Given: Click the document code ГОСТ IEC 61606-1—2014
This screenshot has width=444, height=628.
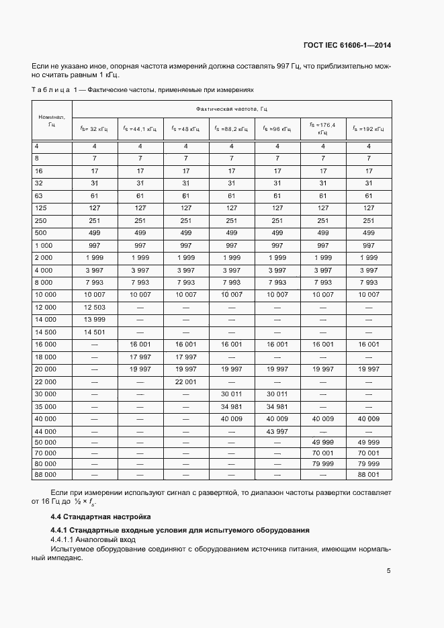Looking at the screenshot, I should click(347, 45).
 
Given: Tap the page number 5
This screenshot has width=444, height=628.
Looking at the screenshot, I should click(388, 571).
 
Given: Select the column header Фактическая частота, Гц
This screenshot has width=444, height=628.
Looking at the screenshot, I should click(232, 108).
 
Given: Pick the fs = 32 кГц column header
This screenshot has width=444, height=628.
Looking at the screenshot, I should click(94, 128).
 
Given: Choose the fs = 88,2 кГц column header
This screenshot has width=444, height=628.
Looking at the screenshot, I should click(232, 128).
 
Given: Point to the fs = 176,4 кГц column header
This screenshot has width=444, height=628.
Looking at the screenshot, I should click(322, 128).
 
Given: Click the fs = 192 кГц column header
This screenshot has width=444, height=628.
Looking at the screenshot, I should click(369, 128).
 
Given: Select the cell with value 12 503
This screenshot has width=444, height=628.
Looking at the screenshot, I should click(94, 307).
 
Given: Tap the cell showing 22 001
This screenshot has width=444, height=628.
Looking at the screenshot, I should click(186, 382).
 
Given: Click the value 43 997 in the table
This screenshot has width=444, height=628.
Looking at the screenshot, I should click(277, 431).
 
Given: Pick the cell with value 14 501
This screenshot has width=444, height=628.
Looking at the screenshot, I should click(94, 332).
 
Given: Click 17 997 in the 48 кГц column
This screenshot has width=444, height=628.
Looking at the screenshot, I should click(186, 357).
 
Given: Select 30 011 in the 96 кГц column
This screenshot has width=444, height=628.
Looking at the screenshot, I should click(277, 394).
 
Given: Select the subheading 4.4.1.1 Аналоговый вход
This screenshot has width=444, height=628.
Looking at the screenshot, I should click(93, 539).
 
